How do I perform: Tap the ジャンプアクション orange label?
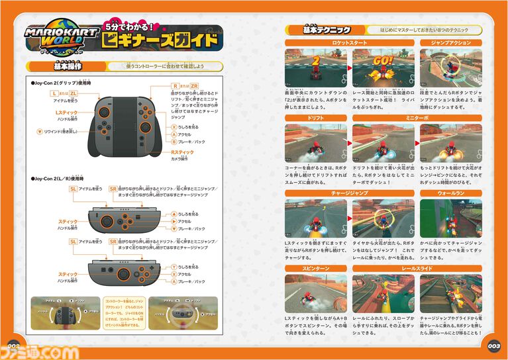click(x=450, y=42)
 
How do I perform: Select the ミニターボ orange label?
click(x=417, y=117)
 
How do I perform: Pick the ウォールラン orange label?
click(x=450, y=193)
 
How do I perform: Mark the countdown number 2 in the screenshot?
click(x=316, y=61)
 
